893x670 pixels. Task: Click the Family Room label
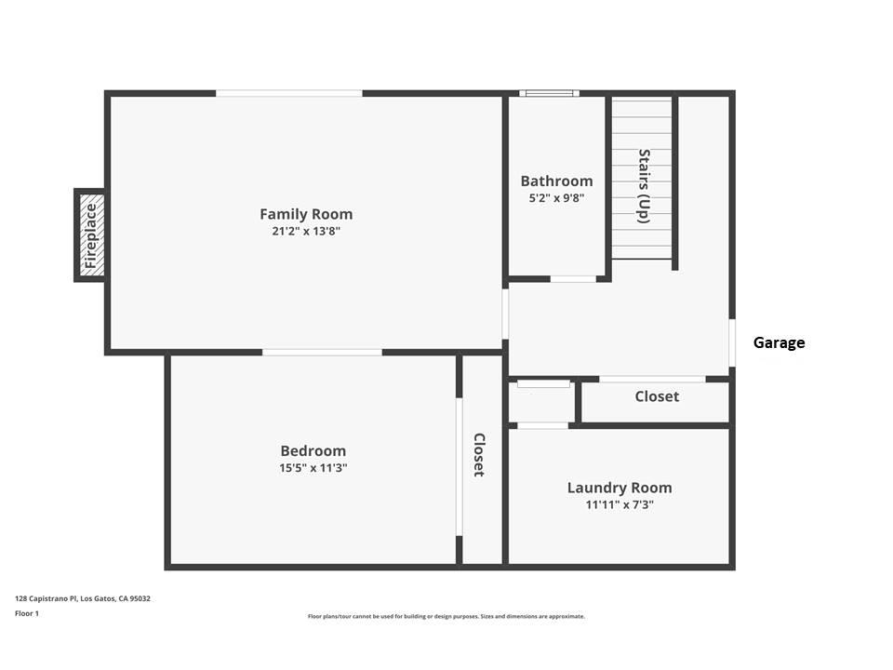click(x=306, y=214)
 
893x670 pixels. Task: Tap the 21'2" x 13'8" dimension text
click(x=306, y=231)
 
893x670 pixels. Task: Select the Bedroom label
click(x=313, y=451)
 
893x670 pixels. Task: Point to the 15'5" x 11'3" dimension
click(x=313, y=468)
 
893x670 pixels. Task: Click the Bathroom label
click(x=556, y=181)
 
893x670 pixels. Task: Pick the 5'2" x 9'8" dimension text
click(x=556, y=197)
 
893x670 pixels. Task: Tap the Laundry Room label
click(x=620, y=488)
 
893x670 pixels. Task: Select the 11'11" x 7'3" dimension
click(x=620, y=504)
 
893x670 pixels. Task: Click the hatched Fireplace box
click(x=90, y=234)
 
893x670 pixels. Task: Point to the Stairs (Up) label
click(x=643, y=186)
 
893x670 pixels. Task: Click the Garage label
click(x=779, y=342)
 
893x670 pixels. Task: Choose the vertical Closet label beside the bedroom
click(x=479, y=454)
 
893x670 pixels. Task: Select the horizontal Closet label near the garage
click(x=657, y=396)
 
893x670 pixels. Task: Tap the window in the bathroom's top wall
click(x=549, y=93)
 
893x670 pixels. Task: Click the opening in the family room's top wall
click(x=289, y=93)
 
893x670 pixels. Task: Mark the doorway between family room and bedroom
click(x=322, y=353)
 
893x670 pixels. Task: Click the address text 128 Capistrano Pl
click(x=83, y=598)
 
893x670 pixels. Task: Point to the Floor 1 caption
click(x=28, y=614)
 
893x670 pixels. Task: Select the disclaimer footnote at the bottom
click(x=446, y=616)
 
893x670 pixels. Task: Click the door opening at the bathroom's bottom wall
click(x=574, y=278)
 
